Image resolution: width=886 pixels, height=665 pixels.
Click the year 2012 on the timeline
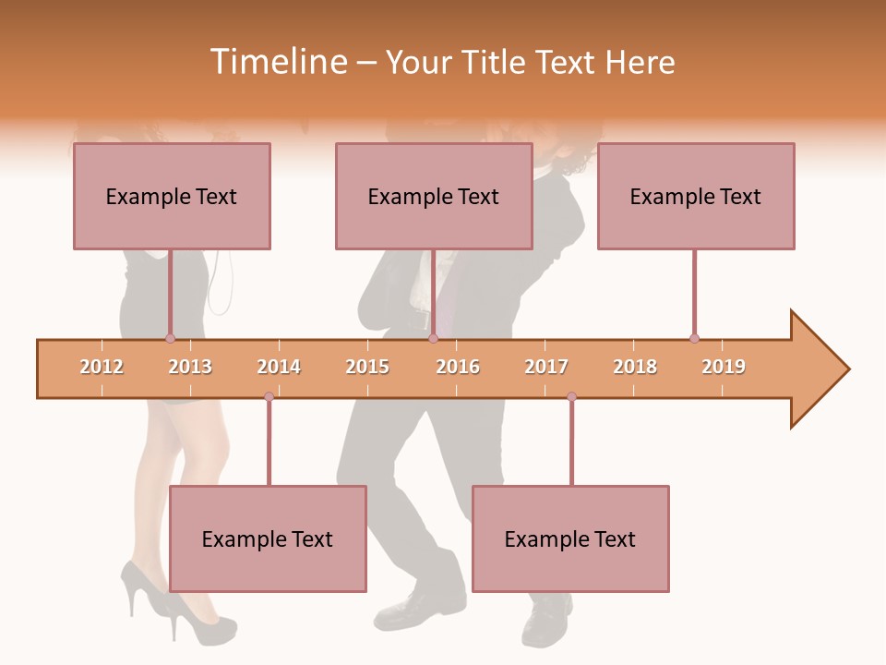102,367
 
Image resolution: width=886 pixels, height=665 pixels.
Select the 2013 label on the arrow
190,367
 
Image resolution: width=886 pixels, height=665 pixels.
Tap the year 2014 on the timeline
279,367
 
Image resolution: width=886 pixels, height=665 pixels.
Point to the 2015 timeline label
367,367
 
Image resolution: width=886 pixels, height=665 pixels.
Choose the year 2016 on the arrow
458,367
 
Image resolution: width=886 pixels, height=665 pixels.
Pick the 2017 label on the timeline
546,367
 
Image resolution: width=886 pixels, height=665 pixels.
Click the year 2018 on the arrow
635,367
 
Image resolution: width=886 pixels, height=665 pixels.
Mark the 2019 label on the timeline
724,367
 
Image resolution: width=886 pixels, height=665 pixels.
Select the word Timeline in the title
278,62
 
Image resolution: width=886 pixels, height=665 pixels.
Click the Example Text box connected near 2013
172,196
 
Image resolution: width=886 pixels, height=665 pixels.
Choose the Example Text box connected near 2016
434,196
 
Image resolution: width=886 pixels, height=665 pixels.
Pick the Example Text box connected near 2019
696,196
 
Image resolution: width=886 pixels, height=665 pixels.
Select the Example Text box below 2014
268,538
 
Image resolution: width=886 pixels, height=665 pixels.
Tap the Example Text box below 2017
570,538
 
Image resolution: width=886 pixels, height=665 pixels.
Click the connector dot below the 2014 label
269,396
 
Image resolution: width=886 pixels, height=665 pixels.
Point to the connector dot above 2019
694,338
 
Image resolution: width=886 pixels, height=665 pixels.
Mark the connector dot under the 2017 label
571,396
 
